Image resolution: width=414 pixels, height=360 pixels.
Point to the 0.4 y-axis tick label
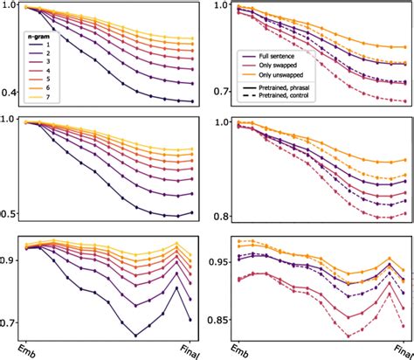pos(10,93)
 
